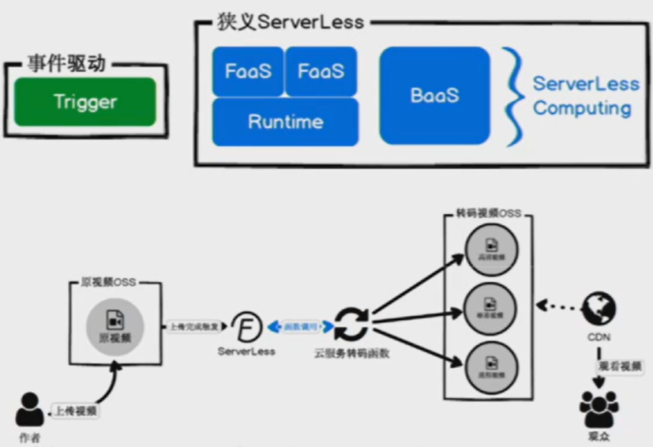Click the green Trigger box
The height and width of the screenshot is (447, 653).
pyautogui.click(x=85, y=102)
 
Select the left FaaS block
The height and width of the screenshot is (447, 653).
pyautogui.click(x=247, y=72)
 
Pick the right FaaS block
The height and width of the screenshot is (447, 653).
pyautogui.click(x=321, y=72)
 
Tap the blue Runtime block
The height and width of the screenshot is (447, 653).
pyautogui.click(x=285, y=122)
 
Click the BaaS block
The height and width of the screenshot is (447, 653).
pyautogui.click(x=435, y=95)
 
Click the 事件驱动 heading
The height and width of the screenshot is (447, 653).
pyautogui.click(x=65, y=64)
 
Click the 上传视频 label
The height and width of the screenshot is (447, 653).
pyautogui.click(x=74, y=410)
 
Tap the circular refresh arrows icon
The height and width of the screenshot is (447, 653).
pyautogui.click(x=352, y=324)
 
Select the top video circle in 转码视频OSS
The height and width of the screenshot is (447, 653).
pyautogui.click(x=488, y=248)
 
